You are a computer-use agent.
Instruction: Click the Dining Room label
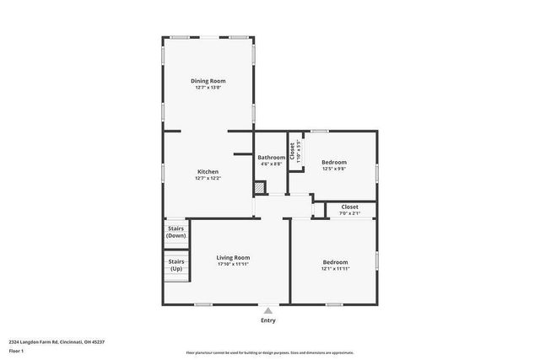[208, 81]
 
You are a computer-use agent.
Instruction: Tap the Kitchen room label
[208, 171]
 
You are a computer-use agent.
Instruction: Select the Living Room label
[233, 257]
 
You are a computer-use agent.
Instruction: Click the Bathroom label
[272, 157]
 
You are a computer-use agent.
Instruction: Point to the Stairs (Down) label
[175, 232]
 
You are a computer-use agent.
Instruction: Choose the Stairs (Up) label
[175, 265]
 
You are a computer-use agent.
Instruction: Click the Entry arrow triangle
[268, 310]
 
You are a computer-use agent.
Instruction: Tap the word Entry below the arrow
[268, 320]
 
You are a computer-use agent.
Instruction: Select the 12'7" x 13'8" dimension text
[208, 88]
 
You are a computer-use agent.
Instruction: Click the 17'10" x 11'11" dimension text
[233, 264]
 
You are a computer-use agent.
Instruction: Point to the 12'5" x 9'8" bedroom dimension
[334, 169]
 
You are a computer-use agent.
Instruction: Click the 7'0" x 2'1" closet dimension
[349, 213]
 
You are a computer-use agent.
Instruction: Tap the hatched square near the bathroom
[260, 188]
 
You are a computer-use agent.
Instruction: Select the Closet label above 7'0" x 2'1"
[349, 207]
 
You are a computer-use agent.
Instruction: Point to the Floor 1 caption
[17, 351]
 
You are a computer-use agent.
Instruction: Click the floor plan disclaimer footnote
[269, 353]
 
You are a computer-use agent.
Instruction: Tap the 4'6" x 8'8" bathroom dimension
[272, 164]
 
